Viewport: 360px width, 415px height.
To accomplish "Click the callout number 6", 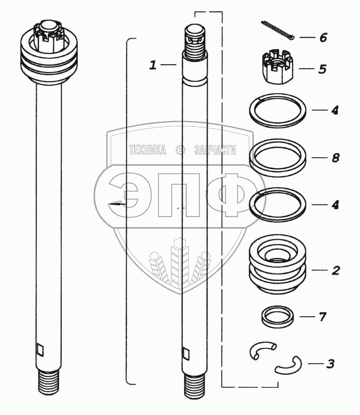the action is (x=323, y=37).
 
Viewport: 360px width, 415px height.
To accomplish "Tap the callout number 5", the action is (x=322, y=69).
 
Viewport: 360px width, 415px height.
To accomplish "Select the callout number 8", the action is (x=336, y=158).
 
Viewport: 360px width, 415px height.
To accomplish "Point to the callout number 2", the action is (x=336, y=270).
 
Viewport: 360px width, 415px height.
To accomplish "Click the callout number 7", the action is (x=323, y=317).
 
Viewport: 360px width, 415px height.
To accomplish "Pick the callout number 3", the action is (x=330, y=364).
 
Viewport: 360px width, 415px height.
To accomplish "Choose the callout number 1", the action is (x=153, y=65).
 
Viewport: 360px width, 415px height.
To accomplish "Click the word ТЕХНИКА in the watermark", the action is (x=148, y=150).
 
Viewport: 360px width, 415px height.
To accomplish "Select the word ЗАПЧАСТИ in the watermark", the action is (x=215, y=150).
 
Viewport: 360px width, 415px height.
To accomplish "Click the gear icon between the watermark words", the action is (x=180, y=150).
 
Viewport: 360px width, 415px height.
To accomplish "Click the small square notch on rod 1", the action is (x=186, y=354).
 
